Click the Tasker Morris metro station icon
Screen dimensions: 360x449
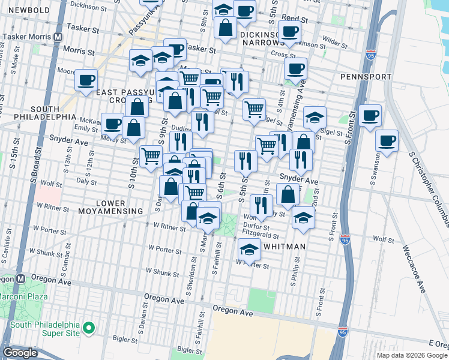(x=58, y=36)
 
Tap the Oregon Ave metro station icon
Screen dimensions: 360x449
(x=20, y=279)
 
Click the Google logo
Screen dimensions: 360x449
(x=20, y=353)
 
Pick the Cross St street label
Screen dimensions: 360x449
(x=280, y=53)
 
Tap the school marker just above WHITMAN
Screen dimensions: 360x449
(x=249, y=248)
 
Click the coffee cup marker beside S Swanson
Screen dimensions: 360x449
(x=387, y=142)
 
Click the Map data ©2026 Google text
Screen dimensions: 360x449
(x=412, y=355)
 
